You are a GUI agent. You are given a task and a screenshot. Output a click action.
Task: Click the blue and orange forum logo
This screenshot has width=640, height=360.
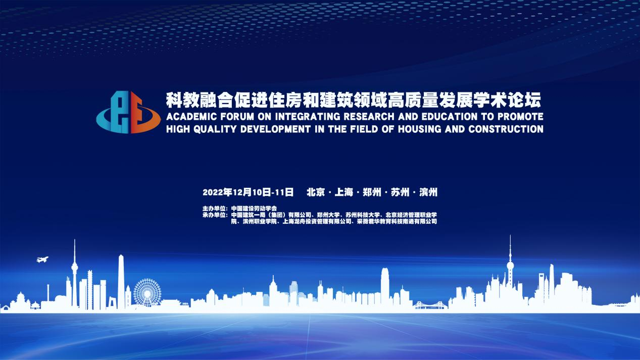(x=128, y=112)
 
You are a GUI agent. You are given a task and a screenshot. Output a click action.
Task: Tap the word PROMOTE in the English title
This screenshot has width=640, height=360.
(x=520, y=117)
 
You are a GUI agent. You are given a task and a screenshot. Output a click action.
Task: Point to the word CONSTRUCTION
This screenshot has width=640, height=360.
(x=506, y=129)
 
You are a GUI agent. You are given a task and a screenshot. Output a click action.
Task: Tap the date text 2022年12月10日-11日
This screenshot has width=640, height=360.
(x=248, y=192)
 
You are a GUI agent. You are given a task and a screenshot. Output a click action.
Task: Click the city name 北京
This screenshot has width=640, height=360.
(x=316, y=192)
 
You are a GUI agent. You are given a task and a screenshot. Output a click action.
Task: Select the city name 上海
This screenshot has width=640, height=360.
(x=343, y=192)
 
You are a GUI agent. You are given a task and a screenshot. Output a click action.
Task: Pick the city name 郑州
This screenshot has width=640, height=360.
(x=372, y=192)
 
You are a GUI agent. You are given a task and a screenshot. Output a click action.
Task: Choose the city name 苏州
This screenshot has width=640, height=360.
(x=400, y=192)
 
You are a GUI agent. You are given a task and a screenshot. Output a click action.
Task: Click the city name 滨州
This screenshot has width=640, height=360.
(x=428, y=192)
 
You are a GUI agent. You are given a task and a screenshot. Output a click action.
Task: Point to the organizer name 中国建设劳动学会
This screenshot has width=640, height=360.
(x=254, y=209)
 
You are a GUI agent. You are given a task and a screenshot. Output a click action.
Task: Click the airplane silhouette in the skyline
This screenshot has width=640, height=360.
(x=42, y=260)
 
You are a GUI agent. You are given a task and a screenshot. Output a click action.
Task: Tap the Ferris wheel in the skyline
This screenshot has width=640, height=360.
(x=147, y=293)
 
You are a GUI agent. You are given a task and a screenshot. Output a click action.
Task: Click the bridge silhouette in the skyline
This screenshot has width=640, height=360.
(x=430, y=305)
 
